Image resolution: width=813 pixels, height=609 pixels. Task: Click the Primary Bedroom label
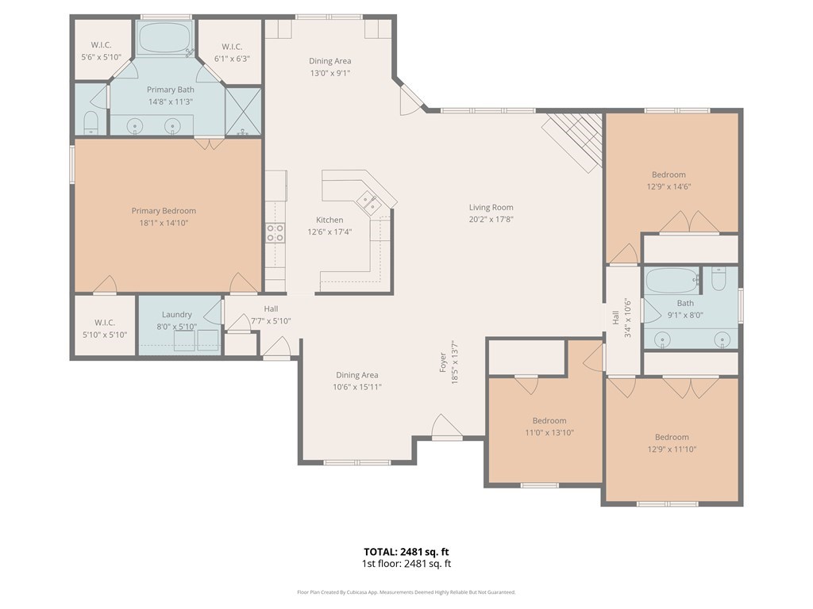164,211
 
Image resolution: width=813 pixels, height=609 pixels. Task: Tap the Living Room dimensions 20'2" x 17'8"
491,219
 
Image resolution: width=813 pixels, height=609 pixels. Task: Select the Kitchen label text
329,220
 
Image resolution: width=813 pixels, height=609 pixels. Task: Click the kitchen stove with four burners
275,232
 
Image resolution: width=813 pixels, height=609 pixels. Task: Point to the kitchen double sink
370,202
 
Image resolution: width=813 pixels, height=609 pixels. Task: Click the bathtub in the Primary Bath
165,37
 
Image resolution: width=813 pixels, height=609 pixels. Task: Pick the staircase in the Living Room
573,141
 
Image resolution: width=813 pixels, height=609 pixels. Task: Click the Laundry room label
177,314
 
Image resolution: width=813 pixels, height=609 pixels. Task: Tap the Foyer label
443,362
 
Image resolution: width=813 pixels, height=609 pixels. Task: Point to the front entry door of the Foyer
447,427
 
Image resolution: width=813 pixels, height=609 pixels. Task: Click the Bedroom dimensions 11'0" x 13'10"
549,432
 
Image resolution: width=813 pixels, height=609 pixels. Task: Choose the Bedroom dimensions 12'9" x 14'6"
669,186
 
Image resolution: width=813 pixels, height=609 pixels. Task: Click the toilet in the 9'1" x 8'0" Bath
719,278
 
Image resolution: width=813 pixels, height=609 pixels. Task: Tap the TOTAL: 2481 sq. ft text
406,552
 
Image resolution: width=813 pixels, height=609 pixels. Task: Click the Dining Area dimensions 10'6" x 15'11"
356,387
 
